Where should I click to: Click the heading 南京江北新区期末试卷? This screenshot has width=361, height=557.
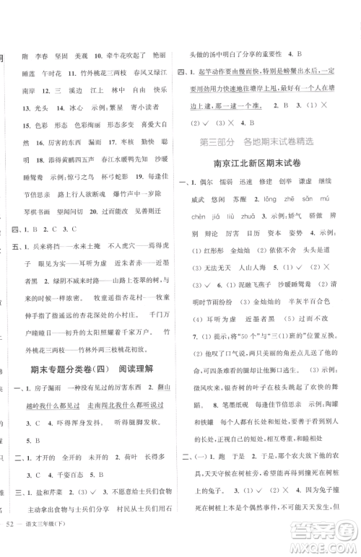click(x=268, y=164)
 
